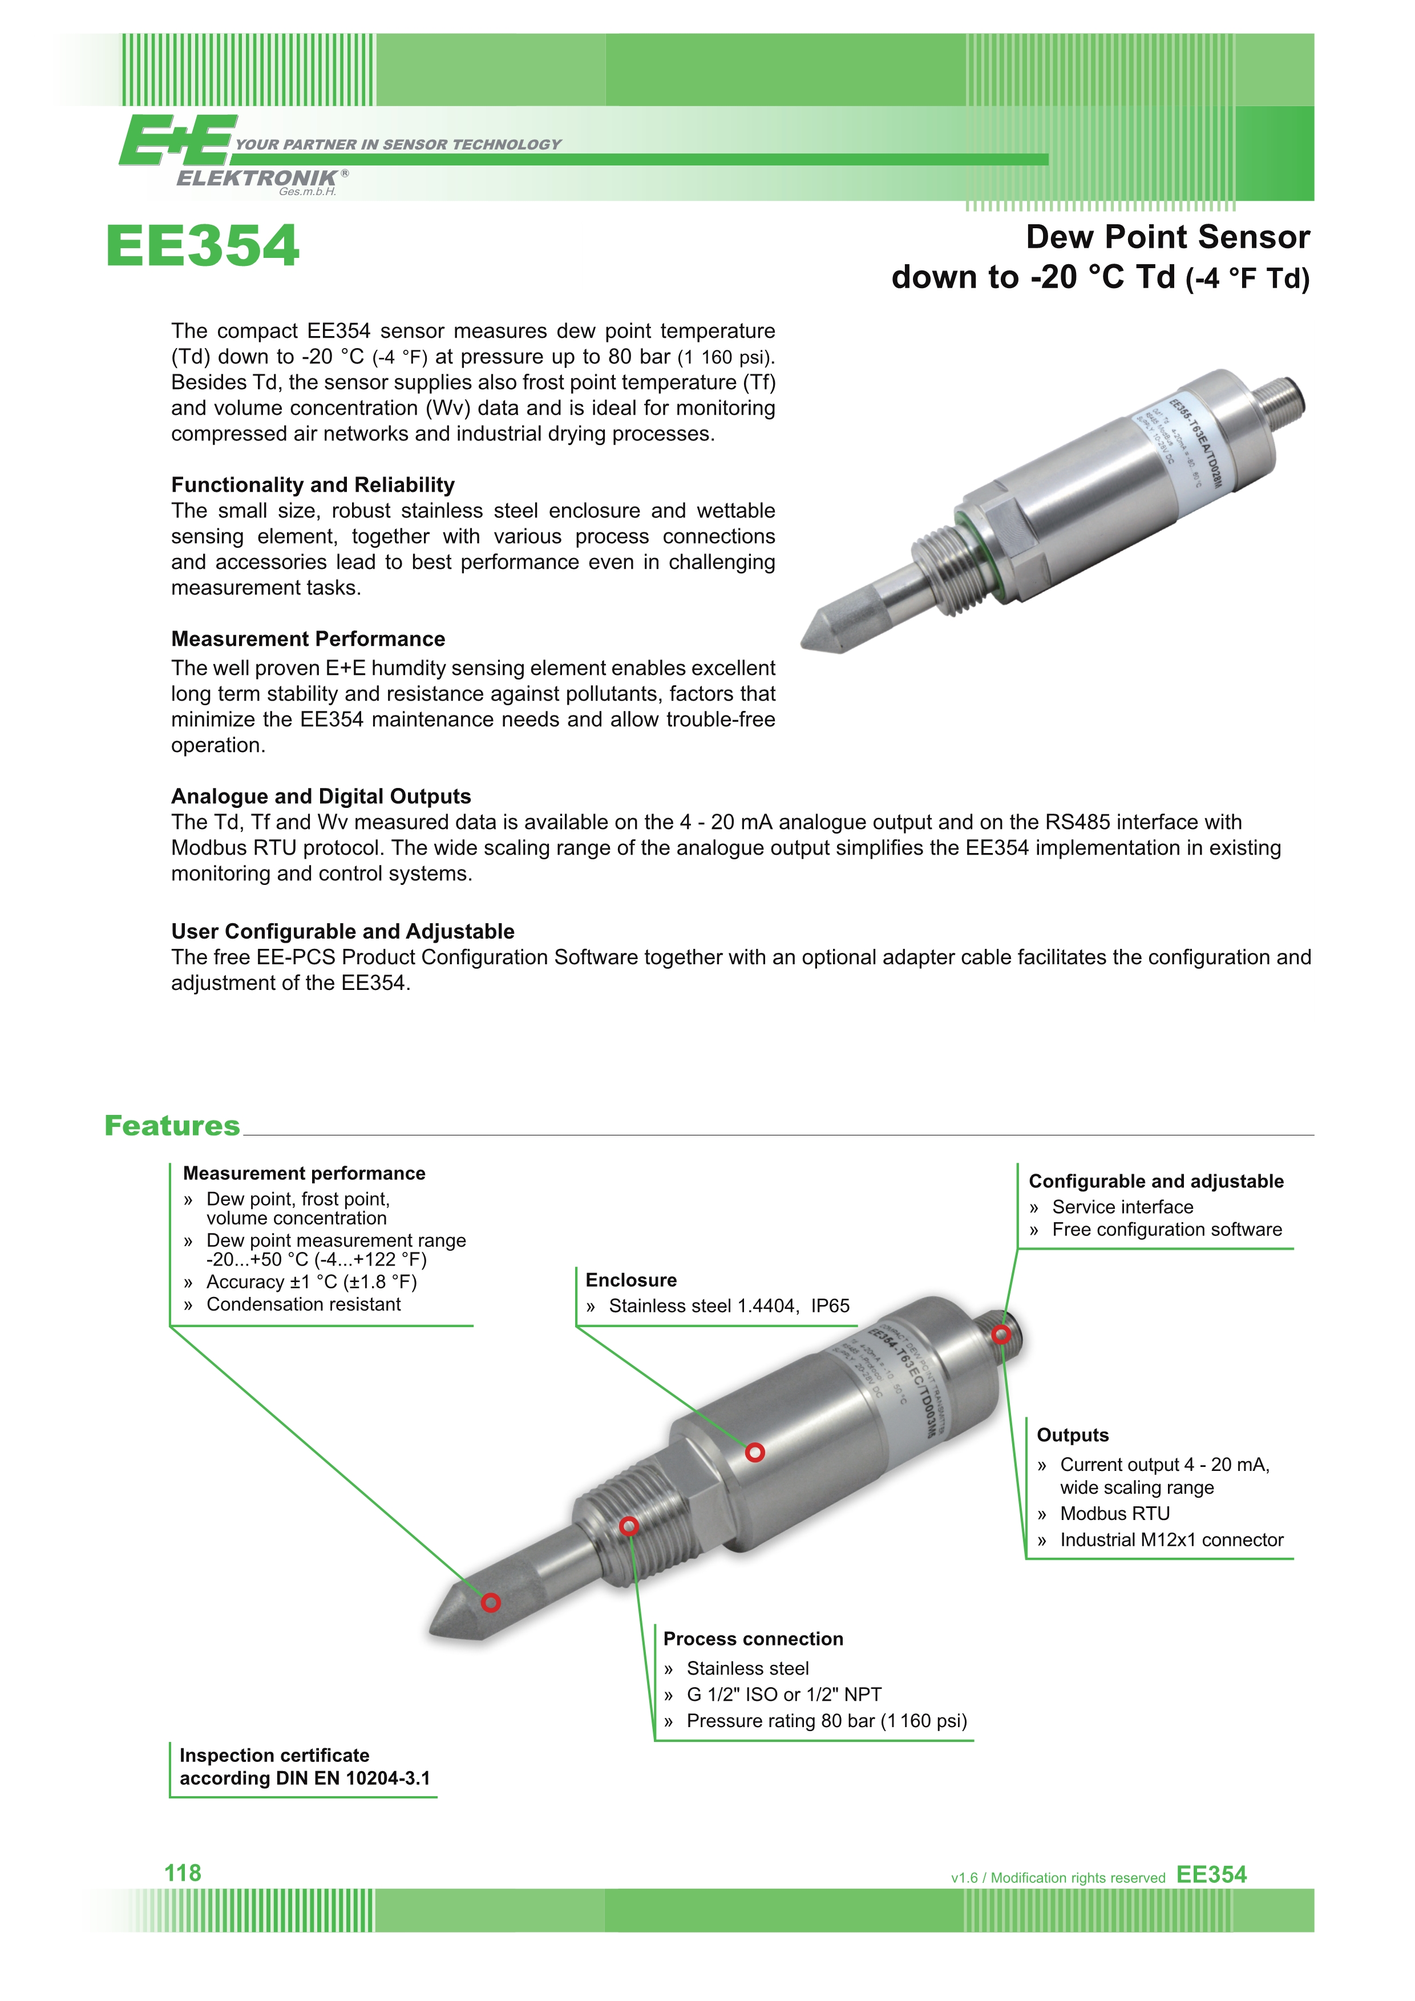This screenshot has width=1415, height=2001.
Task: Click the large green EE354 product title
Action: coord(203,246)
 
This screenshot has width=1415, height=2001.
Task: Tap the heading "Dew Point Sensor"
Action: coord(1167,237)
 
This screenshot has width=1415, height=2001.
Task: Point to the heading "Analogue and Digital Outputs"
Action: coord(321,796)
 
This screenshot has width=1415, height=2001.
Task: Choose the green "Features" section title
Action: coord(172,1125)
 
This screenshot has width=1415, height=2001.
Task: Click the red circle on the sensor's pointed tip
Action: coord(491,1603)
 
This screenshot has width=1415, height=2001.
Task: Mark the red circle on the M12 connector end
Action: coord(1001,1335)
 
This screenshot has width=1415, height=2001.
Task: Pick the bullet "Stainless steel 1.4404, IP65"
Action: coord(729,1305)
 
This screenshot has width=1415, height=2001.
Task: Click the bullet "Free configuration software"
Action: coord(1167,1230)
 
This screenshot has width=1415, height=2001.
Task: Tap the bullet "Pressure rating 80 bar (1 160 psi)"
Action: coord(826,1721)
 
